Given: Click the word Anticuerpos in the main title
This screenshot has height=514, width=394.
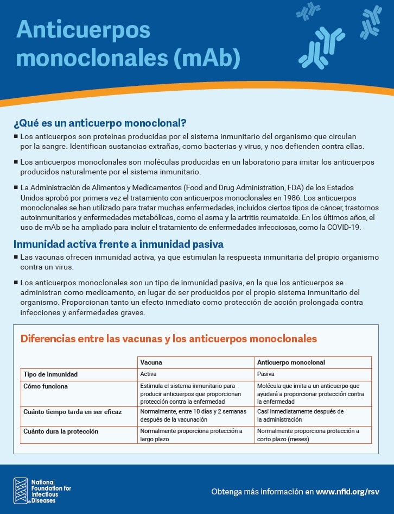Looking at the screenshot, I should click(x=83, y=30).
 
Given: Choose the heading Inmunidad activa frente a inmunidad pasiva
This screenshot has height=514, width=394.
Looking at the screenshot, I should click(x=118, y=244).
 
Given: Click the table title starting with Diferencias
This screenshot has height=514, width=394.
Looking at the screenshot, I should click(x=168, y=339).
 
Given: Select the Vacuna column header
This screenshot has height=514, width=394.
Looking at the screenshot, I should click(x=151, y=362).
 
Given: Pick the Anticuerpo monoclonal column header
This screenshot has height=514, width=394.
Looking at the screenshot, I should click(x=291, y=362).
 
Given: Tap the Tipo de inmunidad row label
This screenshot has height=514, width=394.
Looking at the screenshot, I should click(x=50, y=374).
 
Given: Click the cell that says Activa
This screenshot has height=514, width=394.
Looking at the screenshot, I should click(x=148, y=374).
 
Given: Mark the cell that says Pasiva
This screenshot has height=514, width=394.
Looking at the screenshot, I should click(x=265, y=374).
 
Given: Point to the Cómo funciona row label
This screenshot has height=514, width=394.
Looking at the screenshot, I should click(x=46, y=386).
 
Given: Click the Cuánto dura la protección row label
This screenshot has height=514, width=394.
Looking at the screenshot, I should click(x=61, y=431).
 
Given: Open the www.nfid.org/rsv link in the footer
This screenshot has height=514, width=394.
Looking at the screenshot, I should click(x=347, y=492).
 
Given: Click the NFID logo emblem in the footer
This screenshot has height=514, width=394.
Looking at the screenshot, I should click(x=21, y=490).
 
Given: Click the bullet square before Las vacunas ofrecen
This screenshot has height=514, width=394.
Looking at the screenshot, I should click(x=16, y=256).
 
